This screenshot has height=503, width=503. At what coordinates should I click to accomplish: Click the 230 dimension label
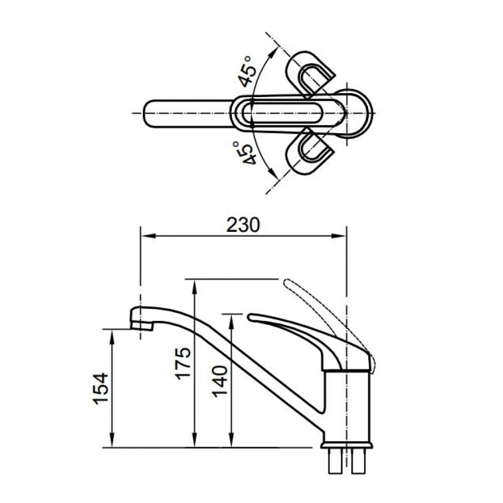click(x=243, y=225)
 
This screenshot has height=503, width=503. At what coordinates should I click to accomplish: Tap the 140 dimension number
click(x=220, y=380)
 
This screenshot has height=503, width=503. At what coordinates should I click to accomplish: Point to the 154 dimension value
click(x=101, y=388)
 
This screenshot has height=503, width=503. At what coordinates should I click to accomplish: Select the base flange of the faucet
click(x=347, y=445)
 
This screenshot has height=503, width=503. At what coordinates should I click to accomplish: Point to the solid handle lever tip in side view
click(x=251, y=317)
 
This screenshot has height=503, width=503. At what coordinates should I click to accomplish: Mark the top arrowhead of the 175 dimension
click(x=194, y=283)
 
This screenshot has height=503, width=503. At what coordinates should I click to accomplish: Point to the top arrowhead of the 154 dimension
click(x=111, y=333)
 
